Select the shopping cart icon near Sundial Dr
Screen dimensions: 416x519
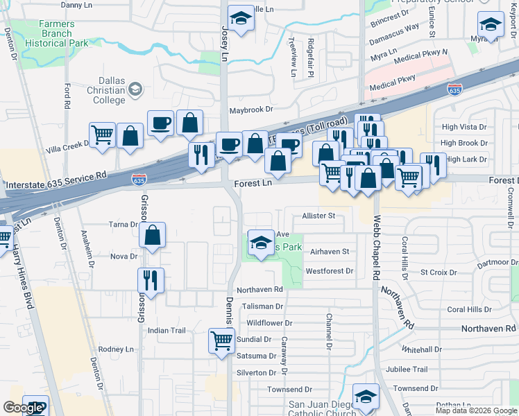point(221,340)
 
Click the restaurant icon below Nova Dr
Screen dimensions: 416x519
point(151,280)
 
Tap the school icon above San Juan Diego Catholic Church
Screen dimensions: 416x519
point(366,396)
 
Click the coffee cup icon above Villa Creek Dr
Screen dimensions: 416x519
point(160,123)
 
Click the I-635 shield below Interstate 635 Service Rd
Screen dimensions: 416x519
point(138,180)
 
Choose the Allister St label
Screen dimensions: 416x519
point(318,216)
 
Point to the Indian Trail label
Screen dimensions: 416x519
point(167,331)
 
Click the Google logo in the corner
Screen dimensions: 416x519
point(23,408)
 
